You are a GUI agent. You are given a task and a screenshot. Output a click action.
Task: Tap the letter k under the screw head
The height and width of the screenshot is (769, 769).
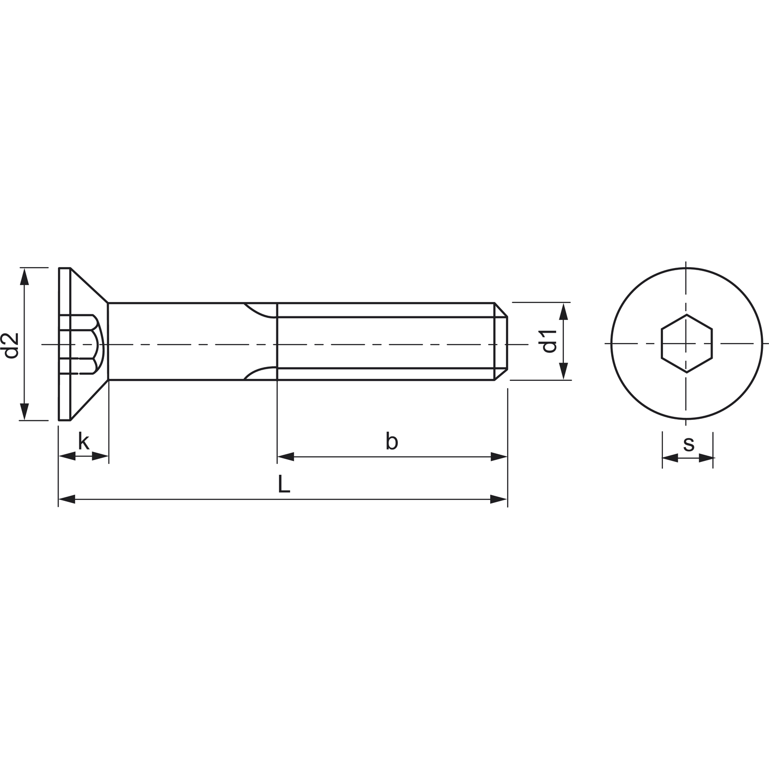point(84,441)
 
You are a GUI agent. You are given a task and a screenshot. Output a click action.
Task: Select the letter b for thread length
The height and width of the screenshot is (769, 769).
point(392,441)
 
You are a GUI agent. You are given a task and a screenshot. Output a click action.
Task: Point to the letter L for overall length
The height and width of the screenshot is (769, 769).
point(284,484)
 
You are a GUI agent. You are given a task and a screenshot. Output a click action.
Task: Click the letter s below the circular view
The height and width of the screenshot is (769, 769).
point(689,444)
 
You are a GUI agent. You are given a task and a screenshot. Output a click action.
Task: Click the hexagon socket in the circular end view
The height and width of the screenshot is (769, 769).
point(686,343)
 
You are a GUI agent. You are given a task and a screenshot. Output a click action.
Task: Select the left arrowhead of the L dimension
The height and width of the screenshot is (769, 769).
point(67,499)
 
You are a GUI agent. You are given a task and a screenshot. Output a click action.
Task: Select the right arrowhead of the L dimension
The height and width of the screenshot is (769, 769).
point(499,499)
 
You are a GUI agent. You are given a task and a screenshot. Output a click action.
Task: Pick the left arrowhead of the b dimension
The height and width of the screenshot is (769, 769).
point(286,456)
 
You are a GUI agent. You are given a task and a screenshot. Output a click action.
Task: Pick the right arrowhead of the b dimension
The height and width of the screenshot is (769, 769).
point(499,456)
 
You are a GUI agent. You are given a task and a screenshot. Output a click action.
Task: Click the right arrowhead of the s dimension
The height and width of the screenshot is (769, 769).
point(706,458)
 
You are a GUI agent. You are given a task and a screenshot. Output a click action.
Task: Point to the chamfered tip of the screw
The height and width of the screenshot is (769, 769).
point(501,341)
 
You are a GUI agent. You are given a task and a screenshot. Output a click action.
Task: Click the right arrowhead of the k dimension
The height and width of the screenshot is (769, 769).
point(100,456)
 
